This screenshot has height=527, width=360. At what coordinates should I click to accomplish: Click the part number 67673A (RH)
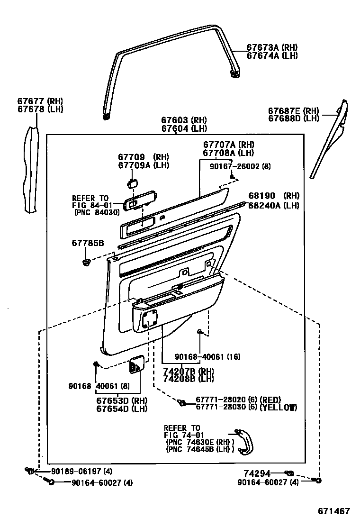pyautogui.click(x=272, y=48)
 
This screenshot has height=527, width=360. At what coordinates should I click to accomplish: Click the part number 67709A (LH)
pyautogui.click(x=143, y=165)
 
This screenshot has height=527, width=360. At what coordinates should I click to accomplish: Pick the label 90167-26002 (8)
pyautogui.click(x=240, y=167)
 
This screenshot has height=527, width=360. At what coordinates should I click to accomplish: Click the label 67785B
pyautogui.click(x=88, y=243)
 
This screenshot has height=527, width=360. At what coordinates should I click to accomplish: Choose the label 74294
pyautogui.click(x=257, y=473)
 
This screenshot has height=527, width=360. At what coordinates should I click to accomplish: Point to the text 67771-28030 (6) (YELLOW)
pyautogui.click(x=246, y=408)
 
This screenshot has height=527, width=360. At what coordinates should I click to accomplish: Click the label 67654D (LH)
pyautogui.click(x=122, y=409)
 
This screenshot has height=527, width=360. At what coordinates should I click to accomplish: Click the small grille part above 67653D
pyautogui.click(x=137, y=365)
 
